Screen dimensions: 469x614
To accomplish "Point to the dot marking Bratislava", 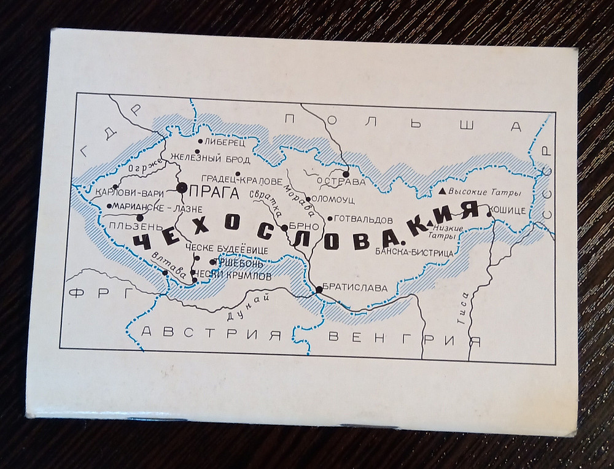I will (319, 289).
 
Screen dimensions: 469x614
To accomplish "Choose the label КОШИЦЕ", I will (508, 211).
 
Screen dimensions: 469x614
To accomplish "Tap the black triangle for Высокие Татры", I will (441, 191).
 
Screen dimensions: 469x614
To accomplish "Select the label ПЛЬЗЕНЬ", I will (127, 226).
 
